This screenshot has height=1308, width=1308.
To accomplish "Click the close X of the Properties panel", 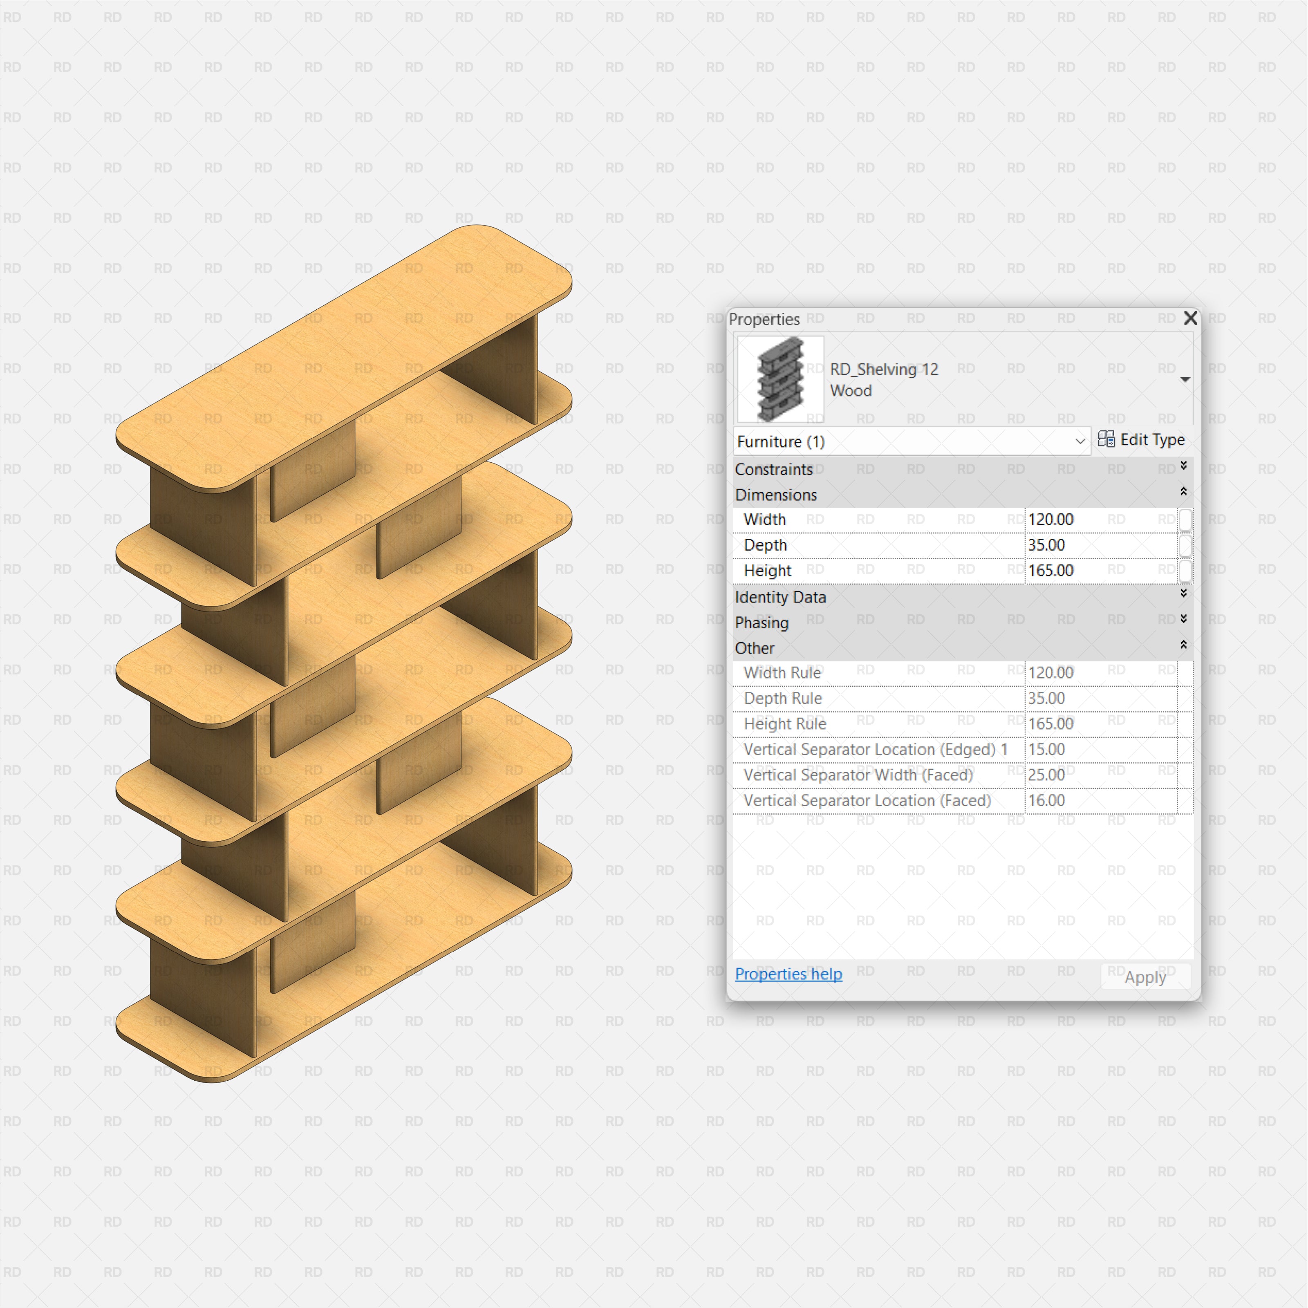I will click(1190, 318).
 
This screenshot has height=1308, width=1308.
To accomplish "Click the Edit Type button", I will click(1142, 440).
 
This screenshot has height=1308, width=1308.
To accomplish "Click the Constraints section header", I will click(774, 469).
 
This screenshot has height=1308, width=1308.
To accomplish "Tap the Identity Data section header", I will click(781, 597).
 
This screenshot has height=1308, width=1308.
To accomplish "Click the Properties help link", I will click(789, 974).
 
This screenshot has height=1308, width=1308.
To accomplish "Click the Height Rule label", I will click(785, 724).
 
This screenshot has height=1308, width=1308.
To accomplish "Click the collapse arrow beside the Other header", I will click(1183, 645).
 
